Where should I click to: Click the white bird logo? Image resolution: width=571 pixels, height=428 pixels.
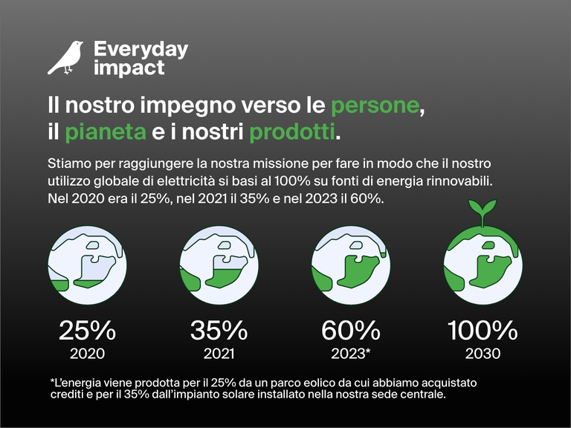(x=65, y=58)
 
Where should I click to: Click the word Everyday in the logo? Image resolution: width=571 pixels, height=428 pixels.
(x=141, y=50)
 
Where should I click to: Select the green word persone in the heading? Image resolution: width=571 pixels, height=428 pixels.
(x=375, y=105)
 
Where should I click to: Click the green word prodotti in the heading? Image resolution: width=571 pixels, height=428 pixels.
(x=292, y=132)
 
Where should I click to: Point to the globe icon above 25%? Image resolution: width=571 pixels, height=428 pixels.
(x=87, y=265)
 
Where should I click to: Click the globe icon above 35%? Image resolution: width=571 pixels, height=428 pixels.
(x=219, y=265)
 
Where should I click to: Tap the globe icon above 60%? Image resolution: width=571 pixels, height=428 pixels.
(x=351, y=265)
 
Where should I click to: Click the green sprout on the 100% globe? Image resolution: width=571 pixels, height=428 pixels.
(x=483, y=210)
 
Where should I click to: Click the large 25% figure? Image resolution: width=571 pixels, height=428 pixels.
(x=87, y=330)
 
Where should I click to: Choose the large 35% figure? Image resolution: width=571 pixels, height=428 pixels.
(x=219, y=330)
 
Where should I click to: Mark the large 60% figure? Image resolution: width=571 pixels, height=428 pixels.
(x=351, y=330)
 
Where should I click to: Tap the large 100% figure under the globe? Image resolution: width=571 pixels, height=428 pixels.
(x=483, y=330)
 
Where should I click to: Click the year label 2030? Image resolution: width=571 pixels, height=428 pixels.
(x=483, y=353)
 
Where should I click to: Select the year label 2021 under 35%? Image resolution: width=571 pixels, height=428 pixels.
(x=219, y=353)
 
